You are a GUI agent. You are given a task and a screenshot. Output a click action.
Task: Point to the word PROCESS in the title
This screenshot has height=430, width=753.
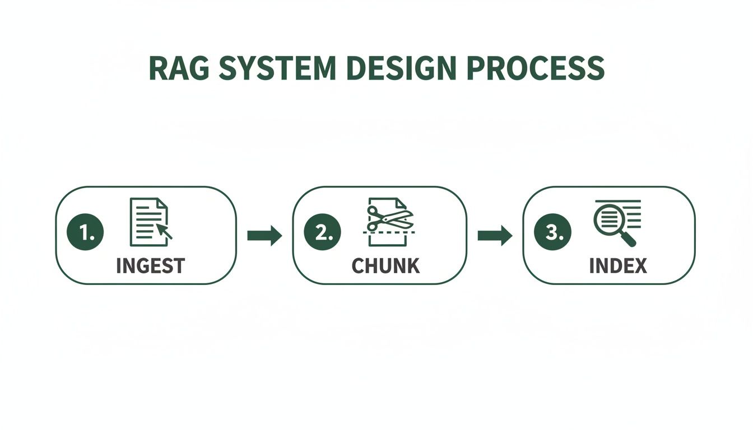pos(536,69)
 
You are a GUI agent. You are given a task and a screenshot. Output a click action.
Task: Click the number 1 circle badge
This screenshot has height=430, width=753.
pos(85,232)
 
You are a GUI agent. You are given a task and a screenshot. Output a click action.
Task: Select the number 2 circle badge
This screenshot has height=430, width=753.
pos(322,232)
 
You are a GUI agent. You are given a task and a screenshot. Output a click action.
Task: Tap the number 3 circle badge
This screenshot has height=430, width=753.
pos(552,232)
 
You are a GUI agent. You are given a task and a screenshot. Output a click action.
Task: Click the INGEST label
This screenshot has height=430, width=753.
pos(150,266)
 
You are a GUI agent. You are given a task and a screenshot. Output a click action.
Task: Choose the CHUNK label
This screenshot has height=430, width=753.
pos(385,266)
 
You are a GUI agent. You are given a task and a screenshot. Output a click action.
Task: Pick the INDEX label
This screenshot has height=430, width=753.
pos(618,266)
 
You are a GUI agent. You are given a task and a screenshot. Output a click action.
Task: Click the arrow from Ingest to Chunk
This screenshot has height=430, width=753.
pos(264,236)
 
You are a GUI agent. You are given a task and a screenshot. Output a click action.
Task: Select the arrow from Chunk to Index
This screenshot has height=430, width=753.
pos(495,236)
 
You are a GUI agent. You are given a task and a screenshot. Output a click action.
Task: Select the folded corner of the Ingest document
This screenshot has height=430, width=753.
pos(162,203)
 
